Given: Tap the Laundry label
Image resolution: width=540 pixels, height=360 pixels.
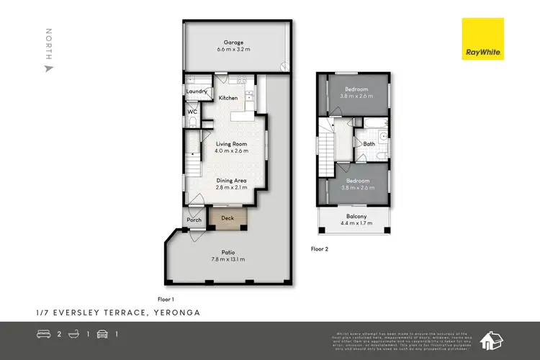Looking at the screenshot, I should coord(197,91).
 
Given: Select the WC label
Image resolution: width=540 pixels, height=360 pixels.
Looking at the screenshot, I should coord(192,112).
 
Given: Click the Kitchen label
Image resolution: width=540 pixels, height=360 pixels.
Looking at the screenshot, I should coord(228,98).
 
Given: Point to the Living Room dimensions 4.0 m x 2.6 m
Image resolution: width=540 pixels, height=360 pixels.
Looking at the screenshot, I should coord(232,150).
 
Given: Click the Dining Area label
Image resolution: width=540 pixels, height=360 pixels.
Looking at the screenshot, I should coord(232,180).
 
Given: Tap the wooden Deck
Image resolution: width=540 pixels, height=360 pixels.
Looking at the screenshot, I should coord(228,217).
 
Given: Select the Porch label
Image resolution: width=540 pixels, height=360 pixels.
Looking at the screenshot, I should coord(194,220).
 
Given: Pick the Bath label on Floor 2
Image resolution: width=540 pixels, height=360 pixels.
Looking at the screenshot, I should coord(369,144).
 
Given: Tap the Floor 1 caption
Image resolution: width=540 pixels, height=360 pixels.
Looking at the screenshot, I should coord(166,298).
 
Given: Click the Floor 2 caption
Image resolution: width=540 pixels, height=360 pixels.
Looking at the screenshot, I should coord(319,248).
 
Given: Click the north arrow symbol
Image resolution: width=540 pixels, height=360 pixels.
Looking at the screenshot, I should coord(49,69).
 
